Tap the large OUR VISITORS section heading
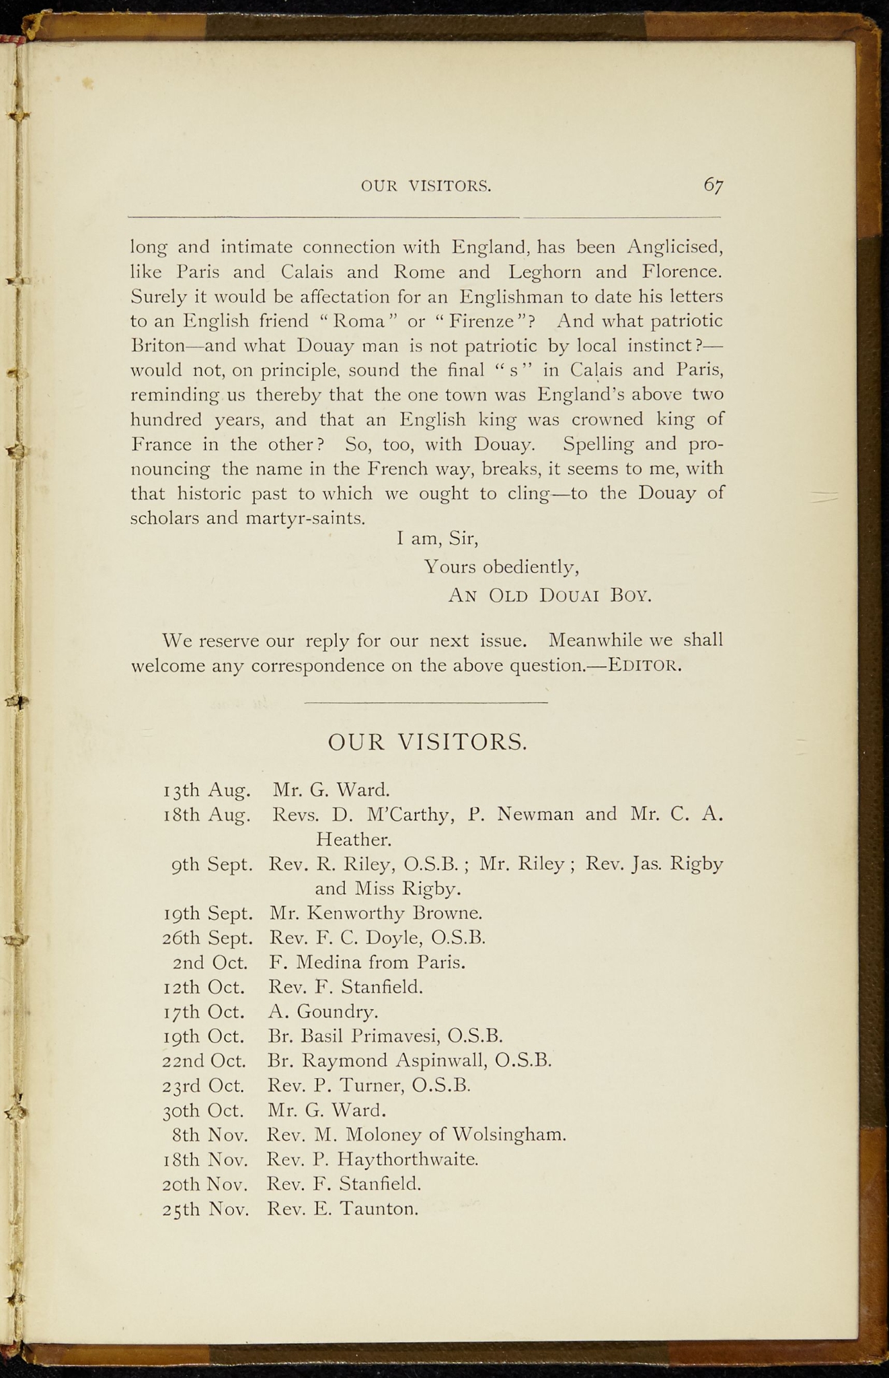pyautogui.click(x=427, y=742)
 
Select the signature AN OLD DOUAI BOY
pyautogui.click(x=549, y=595)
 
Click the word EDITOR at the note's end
pyautogui.click(x=645, y=666)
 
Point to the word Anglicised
pyautogui.click(x=674, y=248)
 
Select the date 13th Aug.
pyautogui.click(x=207, y=789)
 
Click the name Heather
pyautogui.click(x=353, y=840)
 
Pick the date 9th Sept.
pyautogui.click(x=212, y=865)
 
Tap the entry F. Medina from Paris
pyautogui.click(x=367, y=962)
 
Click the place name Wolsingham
pyautogui.click(x=509, y=1135)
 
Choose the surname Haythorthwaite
pyautogui.click(x=407, y=1159)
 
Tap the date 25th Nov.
pyautogui.click(x=206, y=1209)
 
